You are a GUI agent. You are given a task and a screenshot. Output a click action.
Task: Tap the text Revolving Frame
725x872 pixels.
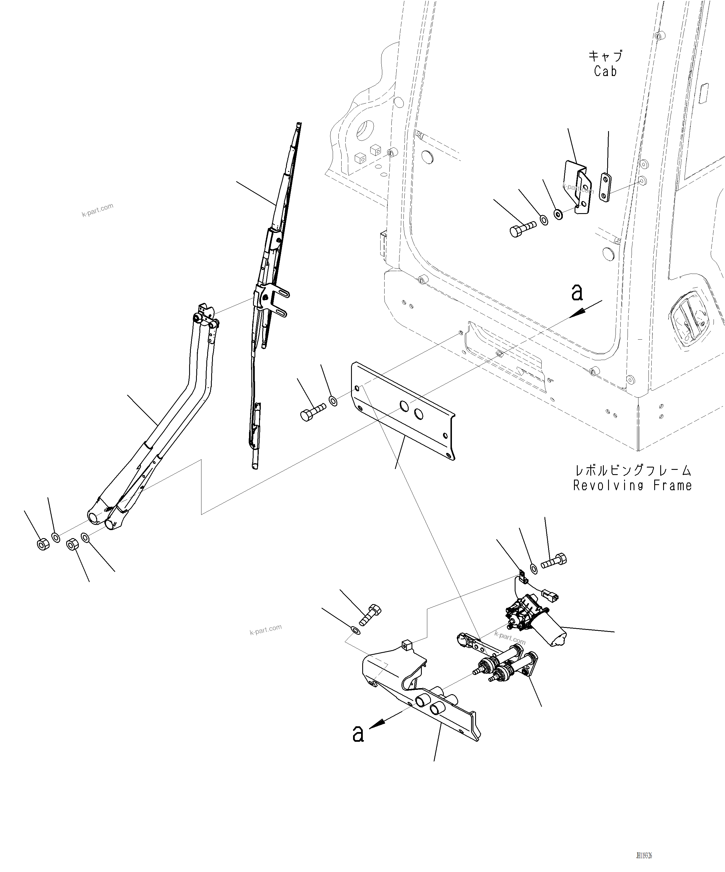pos(632,485)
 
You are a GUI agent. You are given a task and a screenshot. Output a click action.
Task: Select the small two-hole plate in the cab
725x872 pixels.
pos(606,188)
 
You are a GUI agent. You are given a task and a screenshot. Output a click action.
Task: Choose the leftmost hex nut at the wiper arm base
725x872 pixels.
pos(43,544)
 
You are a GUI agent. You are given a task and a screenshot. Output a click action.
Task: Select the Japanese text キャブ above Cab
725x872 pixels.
pos(606,56)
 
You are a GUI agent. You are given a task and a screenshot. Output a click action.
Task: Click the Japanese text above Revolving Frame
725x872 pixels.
pos(632,470)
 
